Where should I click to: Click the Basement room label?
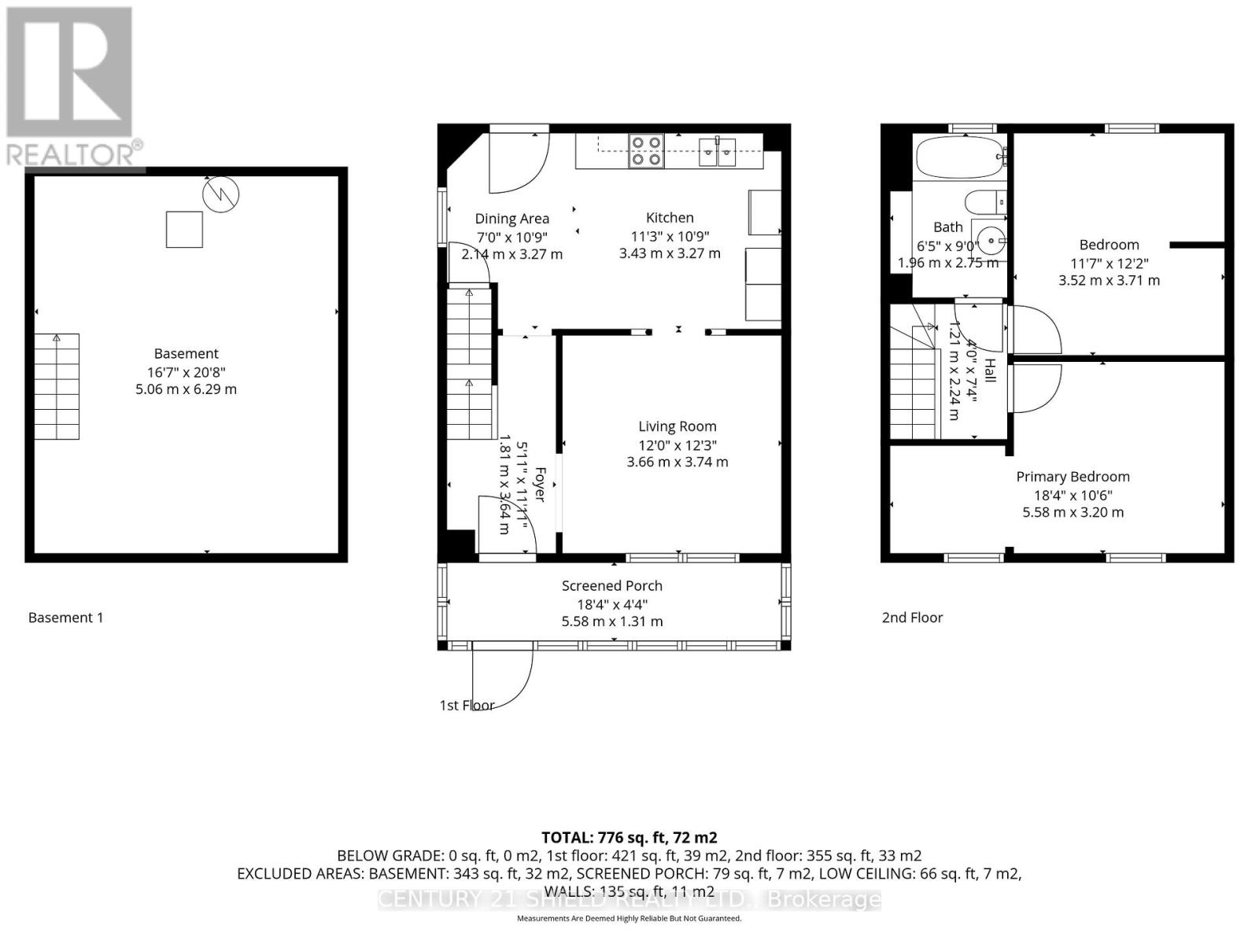(x=186, y=354)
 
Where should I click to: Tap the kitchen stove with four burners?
(x=646, y=151)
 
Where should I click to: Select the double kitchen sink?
(x=718, y=151)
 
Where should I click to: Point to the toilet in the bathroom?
(x=984, y=202)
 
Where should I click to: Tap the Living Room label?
(x=677, y=426)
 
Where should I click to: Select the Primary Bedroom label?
(x=1073, y=477)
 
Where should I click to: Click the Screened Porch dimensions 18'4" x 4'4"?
(x=611, y=604)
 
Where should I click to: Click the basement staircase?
(x=57, y=386)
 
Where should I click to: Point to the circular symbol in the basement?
(x=220, y=194)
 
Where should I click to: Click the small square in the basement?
(x=184, y=229)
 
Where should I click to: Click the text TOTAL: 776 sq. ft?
(x=629, y=838)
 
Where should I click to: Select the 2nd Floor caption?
(x=912, y=618)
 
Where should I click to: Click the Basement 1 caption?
(x=65, y=618)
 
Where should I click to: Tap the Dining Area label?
(x=511, y=219)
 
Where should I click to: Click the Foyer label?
(x=540, y=485)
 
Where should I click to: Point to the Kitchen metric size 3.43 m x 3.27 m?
(x=670, y=253)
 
